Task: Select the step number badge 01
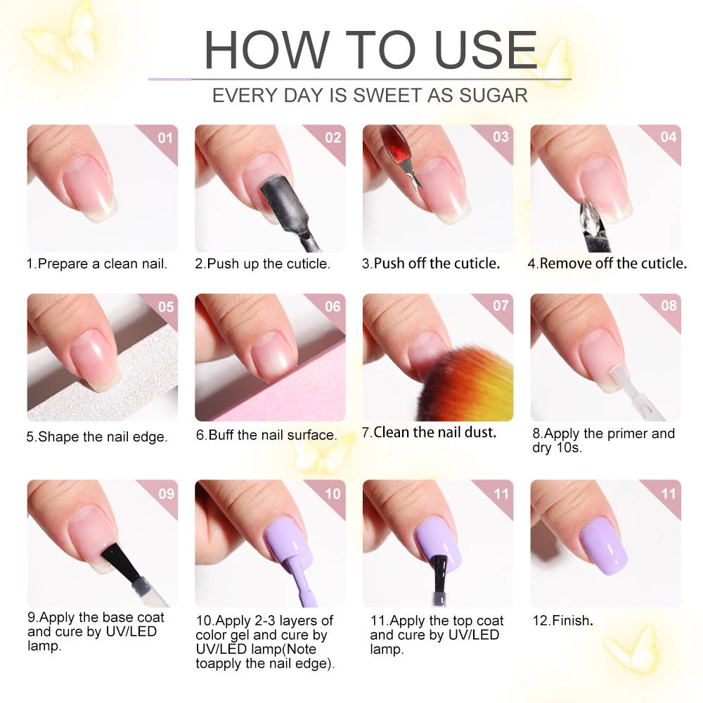tap(165, 138)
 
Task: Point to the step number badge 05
tap(165, 307)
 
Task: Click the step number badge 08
tap(669, 306)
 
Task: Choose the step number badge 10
tap(333, 494)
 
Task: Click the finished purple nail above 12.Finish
tap(603, 546)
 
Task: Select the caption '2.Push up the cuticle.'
tap(262, 264)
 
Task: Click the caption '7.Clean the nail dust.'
tap(429, 432)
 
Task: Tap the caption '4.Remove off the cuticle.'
tap(607, 264)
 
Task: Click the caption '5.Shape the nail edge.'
tap(97, 437)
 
